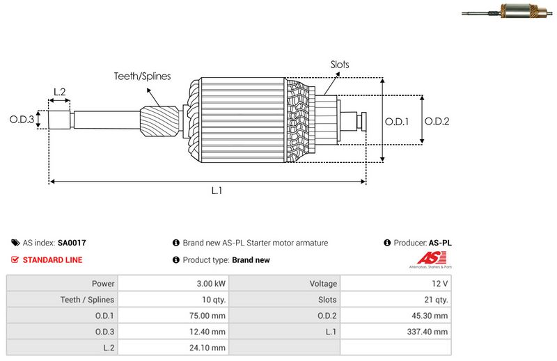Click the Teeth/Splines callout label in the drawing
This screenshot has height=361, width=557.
pyautogui.click(x=142, y=77)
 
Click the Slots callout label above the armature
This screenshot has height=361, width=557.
pyautogui.click(x=340, y=65)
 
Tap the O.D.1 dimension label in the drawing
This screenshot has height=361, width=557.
pyautogui.click(x=397, y=121)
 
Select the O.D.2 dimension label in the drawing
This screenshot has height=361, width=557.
pyautogui.click(x=437, y=121)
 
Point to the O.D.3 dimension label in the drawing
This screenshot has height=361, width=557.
pyautogui.click(x=22, y=120)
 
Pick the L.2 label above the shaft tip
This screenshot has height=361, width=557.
pyautogui.click(x=59, y=92)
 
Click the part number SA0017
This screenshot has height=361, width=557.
pyautogui.click(x=72, y=243)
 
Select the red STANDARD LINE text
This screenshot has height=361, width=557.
pyautogui.click(x=52, y=260)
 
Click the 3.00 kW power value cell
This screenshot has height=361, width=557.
pyautogui.click(x=211, y=284)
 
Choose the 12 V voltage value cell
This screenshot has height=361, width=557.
pyautogui.click(x=440, y=284)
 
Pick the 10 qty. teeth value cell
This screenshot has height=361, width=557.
pyautogui.click(x=211, y=300)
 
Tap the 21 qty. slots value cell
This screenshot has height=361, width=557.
pyautogui.click(x=437, y=300)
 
